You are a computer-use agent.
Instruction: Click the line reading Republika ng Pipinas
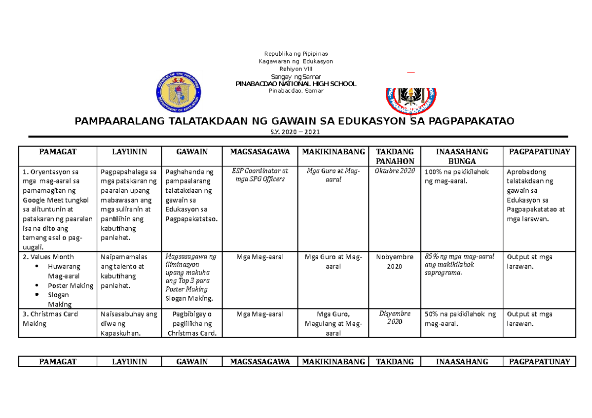[x=296, y=53]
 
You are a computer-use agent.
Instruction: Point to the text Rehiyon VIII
[x=296, y=69]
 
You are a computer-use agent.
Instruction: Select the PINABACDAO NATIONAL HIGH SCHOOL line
[x=296, y=84]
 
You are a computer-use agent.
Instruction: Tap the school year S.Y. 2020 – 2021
[x=296, y=132]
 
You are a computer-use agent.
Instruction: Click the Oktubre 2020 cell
[x=395, y=171]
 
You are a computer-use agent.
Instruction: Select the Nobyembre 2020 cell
[x=395, y=261]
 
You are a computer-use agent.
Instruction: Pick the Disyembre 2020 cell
[x=395, y=318]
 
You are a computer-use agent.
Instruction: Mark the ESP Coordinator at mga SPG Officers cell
[x=260, y=175]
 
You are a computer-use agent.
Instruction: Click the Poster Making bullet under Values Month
[x=70, y=285]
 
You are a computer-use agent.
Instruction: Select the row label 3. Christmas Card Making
[x=50, y=319]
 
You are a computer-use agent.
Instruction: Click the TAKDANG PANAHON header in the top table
[x=395, y=156]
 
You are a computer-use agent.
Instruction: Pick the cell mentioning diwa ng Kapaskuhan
[x=128, y=323]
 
